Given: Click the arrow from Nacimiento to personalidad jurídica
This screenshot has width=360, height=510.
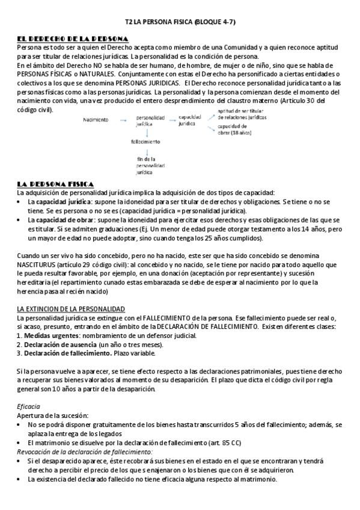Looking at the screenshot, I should click(x=123, y=120).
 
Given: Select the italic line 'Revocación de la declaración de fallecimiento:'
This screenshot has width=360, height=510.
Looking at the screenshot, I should click(x=85, y=451).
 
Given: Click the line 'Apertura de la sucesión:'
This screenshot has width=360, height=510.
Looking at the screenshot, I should click(x=52, y=416).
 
